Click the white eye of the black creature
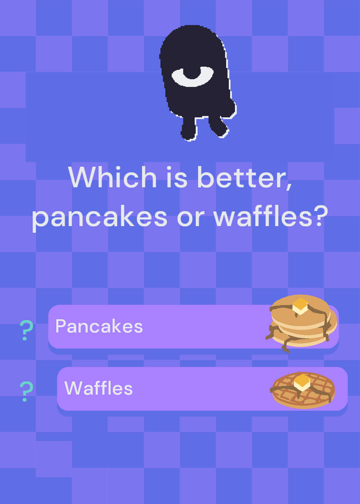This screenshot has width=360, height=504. pyautogui.click(x=192, y=76)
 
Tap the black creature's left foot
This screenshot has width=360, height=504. pyautogui.click(x=189, y=129)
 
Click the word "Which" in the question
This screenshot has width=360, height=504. pyautogui.click(x=112, y=177)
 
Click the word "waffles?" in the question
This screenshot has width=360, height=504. pyautogui.click(x=270, y=215)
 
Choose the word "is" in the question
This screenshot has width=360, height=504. pyautogui.click(x=177, y=177)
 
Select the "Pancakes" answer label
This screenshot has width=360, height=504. pyautogui.click(x=99, y=326)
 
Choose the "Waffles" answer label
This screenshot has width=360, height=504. pyautogui.click(x=98, y=388)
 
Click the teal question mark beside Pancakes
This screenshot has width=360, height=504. pyautogui.click(x=26, y=330)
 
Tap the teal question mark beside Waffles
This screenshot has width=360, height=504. pyautogui.click(x=26, y=391)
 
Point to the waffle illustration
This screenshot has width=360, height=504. pyautogui.click(x=303, y=390)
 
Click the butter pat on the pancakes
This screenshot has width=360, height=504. pyautogui.click(x=300, y=306)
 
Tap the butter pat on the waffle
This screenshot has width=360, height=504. pyautogui.click(x=302, y=382)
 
